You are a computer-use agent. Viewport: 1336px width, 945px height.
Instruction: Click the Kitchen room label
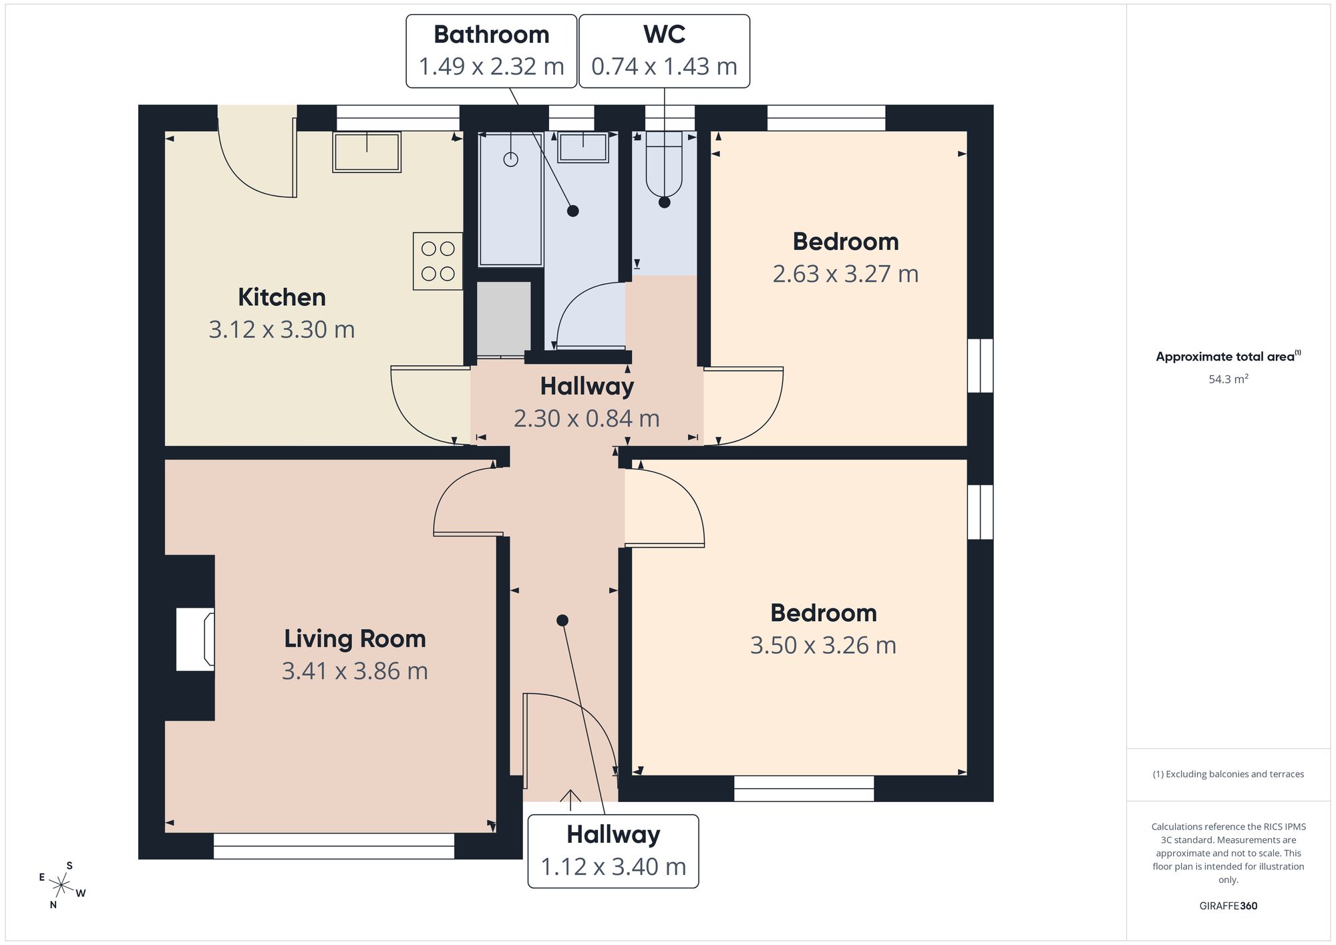pos(282,297)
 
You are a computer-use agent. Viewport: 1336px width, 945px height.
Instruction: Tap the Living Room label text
pos(355,638)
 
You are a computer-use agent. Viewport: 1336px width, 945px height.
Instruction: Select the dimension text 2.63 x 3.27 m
pos(846,274)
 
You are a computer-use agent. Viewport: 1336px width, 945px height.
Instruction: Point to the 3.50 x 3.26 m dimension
pos(823,645)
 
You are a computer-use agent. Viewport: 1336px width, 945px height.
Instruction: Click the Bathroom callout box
pos(492,51)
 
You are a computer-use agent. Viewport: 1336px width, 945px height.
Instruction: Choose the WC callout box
pos(664,51)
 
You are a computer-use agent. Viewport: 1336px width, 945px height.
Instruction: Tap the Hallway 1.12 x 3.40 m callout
pos(613,851)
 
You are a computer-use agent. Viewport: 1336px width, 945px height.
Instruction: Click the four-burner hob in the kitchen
pos(438,261)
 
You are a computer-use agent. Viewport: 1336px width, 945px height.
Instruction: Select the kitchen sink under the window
pos(367,152)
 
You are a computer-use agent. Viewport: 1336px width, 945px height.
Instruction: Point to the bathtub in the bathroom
pos(511,199)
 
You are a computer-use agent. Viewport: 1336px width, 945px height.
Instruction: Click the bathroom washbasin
pos(583,148)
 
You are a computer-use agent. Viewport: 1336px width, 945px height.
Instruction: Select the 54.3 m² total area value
pos(1228,379)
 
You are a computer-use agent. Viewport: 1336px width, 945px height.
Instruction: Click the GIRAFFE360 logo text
pos(1228,906)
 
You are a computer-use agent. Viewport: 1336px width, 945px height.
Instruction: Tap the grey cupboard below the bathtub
pos(504,319)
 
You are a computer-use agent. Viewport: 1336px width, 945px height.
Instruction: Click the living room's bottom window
pos(334,845)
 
